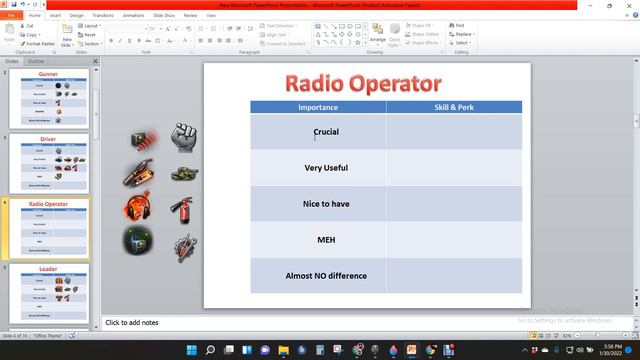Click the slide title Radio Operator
[x=363, y=83]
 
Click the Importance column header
[x=318, y=107]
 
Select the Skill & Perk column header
[x=454, y=107]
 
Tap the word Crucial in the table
[x=326, y=131]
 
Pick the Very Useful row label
[x=326, y=168]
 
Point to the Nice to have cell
[x=326, y=204]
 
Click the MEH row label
[x=326, y=240]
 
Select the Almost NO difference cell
[x=326, y=276]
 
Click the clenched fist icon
[x=181, y=134]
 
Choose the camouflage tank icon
[x=183, y=173]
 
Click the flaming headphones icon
[x=137, y=208]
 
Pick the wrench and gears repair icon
[x=183, y=246]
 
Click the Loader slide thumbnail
[x=48, y=291]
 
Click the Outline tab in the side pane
[x=35, y=61]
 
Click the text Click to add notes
[x=133, y=323]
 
